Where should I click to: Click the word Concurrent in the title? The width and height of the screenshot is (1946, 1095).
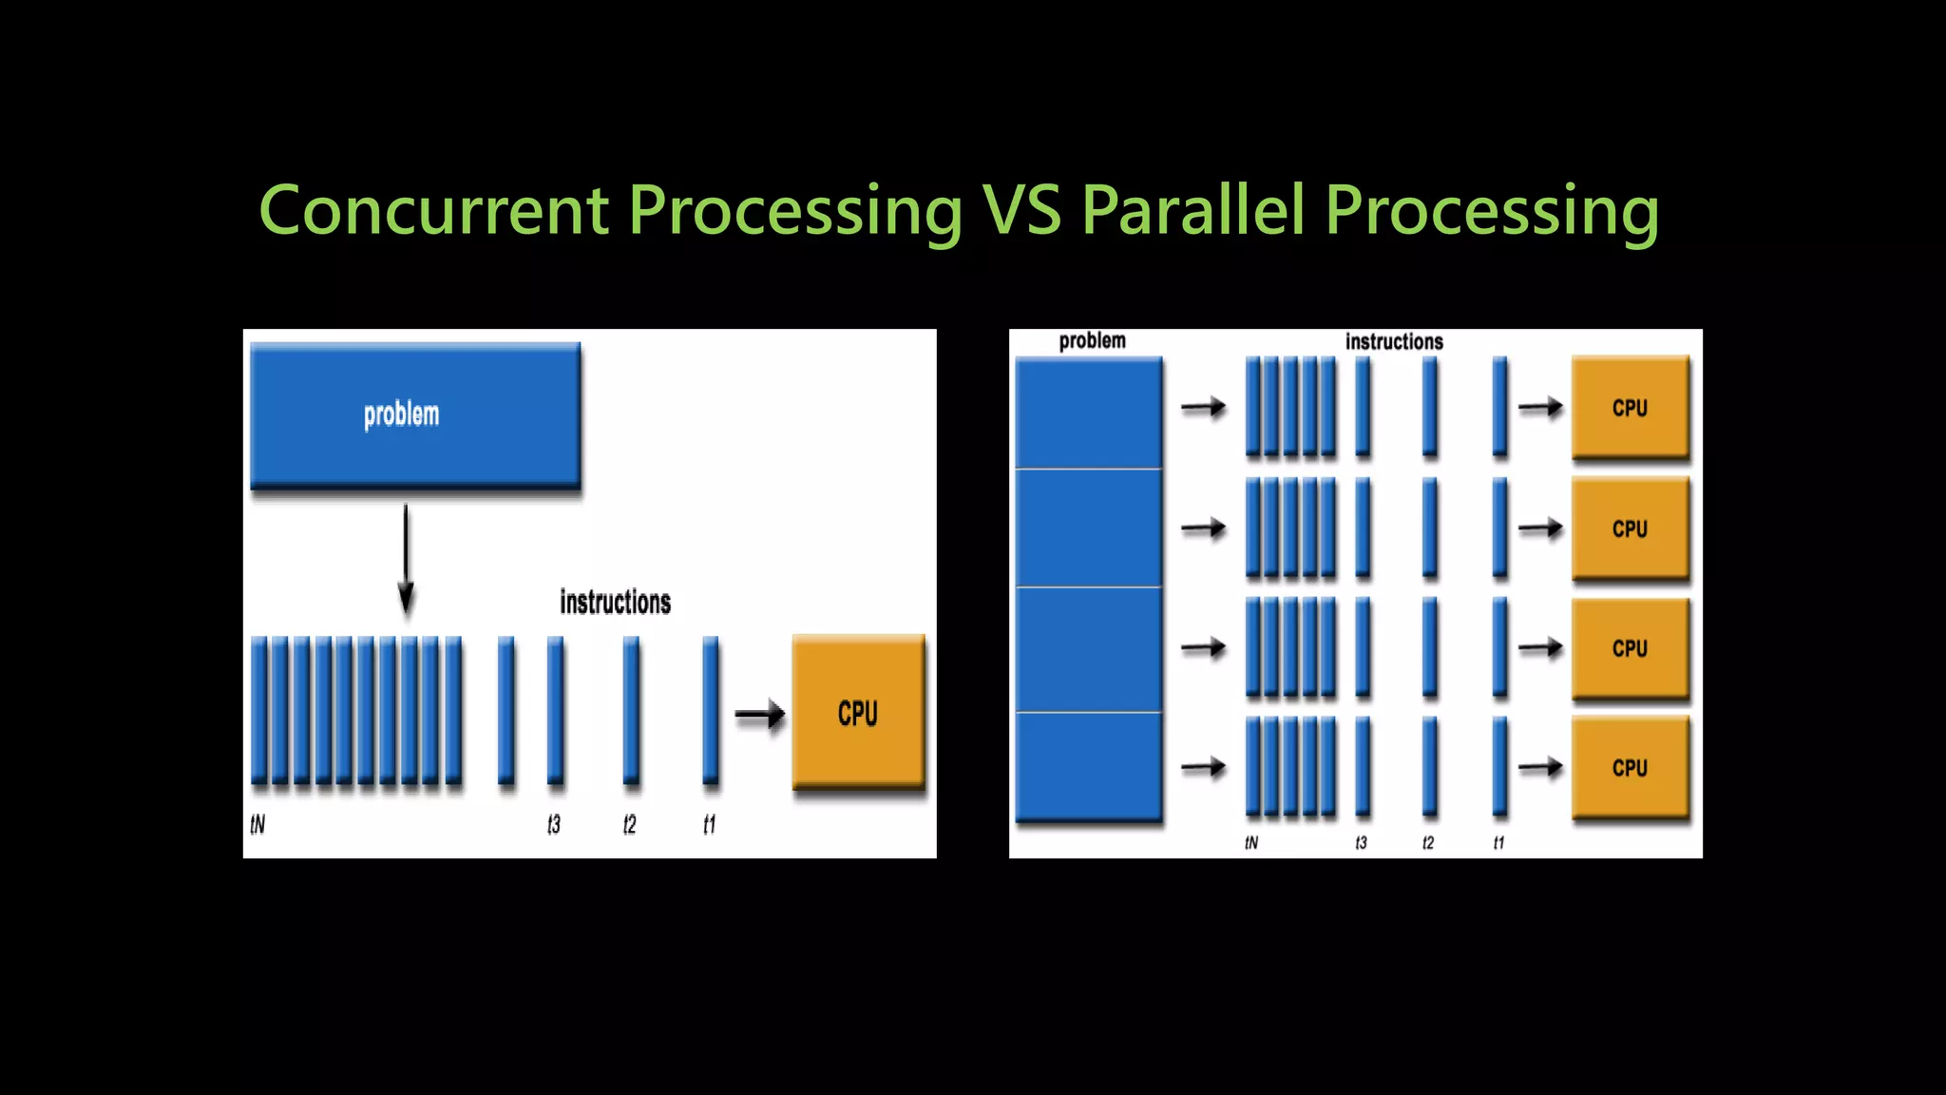(x=433, y=210)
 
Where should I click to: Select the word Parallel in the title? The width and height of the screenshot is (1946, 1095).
(x=1193, y=210)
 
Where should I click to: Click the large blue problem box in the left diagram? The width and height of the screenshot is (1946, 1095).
(x=415, y=415)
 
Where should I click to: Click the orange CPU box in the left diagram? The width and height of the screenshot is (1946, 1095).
(x=858, y=712)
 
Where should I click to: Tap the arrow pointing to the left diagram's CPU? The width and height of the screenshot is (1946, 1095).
(x=760, y=714)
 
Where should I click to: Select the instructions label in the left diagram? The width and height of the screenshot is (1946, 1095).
(x=615, y=603)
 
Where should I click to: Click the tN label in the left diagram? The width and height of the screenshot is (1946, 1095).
(x=258, y=824)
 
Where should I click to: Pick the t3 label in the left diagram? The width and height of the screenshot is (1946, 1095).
(x=554, y=824)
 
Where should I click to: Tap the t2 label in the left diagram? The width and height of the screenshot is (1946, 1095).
(x=629, y=824)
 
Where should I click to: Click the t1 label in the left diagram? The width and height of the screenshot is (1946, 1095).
(x=709, y=824)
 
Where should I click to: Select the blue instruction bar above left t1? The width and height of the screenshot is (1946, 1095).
(x=710, y=712)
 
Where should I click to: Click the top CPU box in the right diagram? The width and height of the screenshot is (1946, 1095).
(x=1630, y=408)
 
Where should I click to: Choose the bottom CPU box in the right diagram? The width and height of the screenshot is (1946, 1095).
(x=1630, y=767)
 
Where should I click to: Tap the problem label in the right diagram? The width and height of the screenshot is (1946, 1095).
(x=1092, y=340)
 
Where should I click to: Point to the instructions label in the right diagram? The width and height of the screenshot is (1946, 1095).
(x=1394, y=341)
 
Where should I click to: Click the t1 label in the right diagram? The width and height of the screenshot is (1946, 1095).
(x=1498, y=843)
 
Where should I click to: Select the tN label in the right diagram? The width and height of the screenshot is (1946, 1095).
(x=1251, y=843)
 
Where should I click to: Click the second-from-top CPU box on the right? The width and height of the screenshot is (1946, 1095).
(x=1630, y=528)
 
